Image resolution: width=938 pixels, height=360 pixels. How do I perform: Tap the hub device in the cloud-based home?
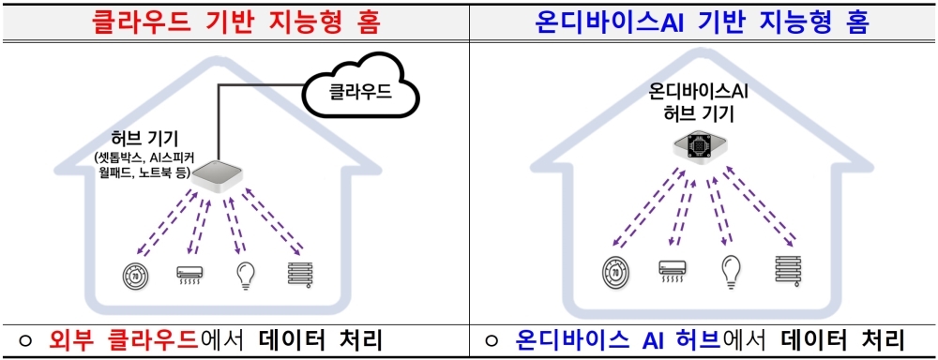(215, 177)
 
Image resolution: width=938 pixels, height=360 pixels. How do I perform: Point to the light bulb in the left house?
(245, 275)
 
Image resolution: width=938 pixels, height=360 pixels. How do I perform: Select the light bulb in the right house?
(731, 271)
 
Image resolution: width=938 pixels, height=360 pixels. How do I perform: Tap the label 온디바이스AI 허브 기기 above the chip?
(698, 103)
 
